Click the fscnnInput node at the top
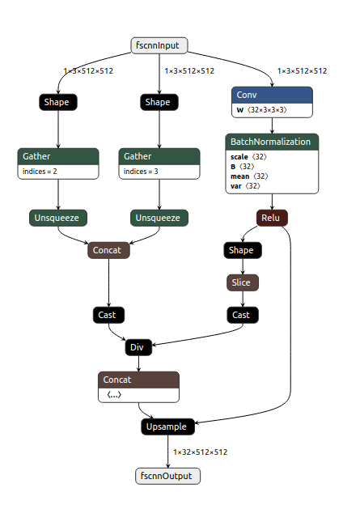[159, 46]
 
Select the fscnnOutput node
[167, 476]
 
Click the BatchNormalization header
[271, 142]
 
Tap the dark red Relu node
[272, 218]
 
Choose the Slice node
[241, 282]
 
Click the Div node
[138, 348]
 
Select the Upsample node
[167, 426]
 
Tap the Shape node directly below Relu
[241, 250]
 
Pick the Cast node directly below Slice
[241, 315]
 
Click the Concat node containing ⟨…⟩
[138, 387]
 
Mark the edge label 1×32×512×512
[200, 452]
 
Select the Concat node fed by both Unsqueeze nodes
[108, 250]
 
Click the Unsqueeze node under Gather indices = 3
[159, 218]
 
